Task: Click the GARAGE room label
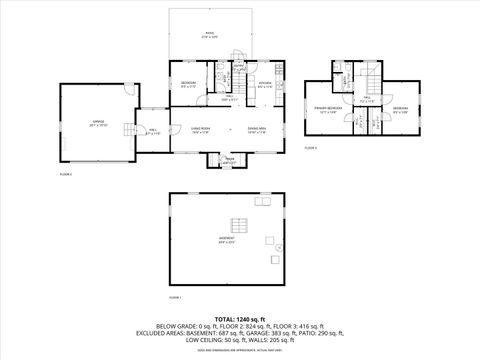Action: pyautogui.click(x=97, y=124)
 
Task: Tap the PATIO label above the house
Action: pyautogui.click(x=210, y=34)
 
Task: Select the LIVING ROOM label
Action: pyautogui.click(x=187, y=129)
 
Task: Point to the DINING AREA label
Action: pyautogui.click(x=256, y=129)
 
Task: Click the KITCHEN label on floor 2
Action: pyautogui.click(x=264, y=84)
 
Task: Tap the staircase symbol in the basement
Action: pyautogui.click(x=239, y=223)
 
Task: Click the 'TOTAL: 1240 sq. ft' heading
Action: pyautogui.click(x=239, y=317)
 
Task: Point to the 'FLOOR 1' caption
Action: pyautogui.click(x=175, y=297)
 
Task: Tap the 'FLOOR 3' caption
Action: pyautogui.click(x=311, y=147)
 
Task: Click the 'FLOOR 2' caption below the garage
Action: pyautogui.click(x=66, y=173)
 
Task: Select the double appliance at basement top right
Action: pyautogui.click(x=262, y=201)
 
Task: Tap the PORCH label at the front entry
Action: pyautogui.click(x=228, y=159)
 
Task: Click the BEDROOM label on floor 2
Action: pyautogui.click(x=188, y=84)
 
